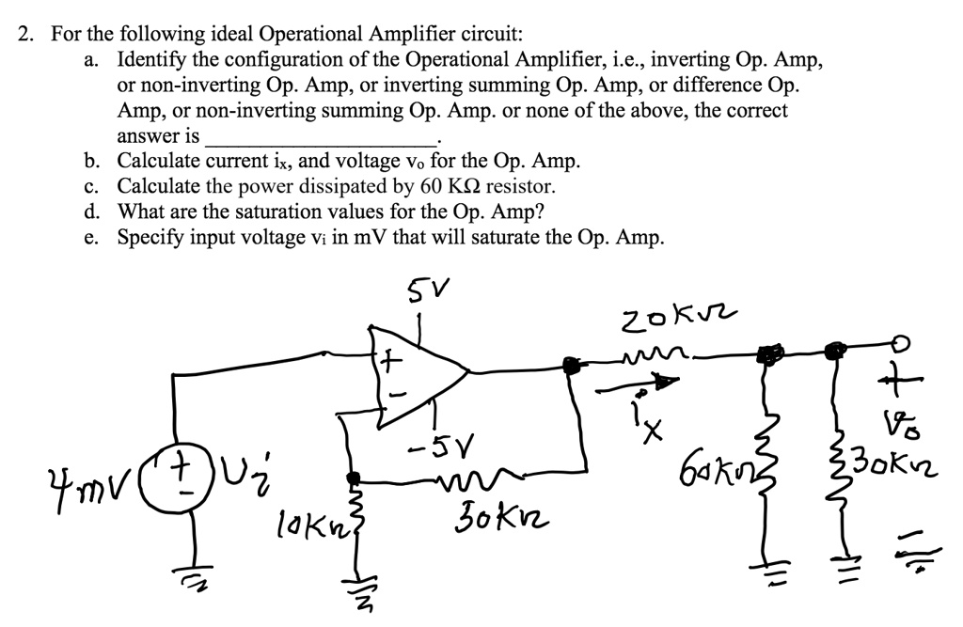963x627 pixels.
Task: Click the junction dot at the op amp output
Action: click(x=569, y=364)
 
